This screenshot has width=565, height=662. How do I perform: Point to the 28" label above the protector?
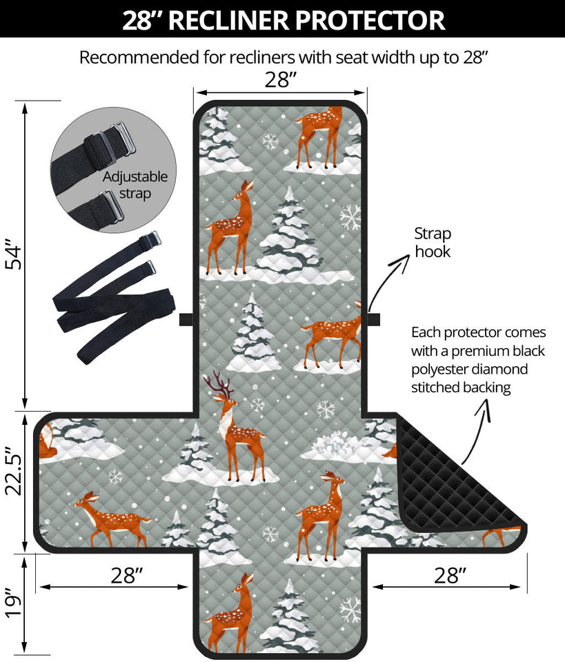tap(281, 80)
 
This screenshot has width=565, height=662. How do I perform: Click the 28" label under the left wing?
tap(125, 576)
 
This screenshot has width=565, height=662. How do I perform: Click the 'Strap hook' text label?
tap(433, 243)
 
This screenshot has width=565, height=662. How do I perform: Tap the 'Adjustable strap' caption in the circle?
tap(135, 185)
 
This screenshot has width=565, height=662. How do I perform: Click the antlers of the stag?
tap(219, 383)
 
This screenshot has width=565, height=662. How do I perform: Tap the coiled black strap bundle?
tap(114, 297)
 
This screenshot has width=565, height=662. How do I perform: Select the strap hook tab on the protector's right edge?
tap(373, 319)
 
